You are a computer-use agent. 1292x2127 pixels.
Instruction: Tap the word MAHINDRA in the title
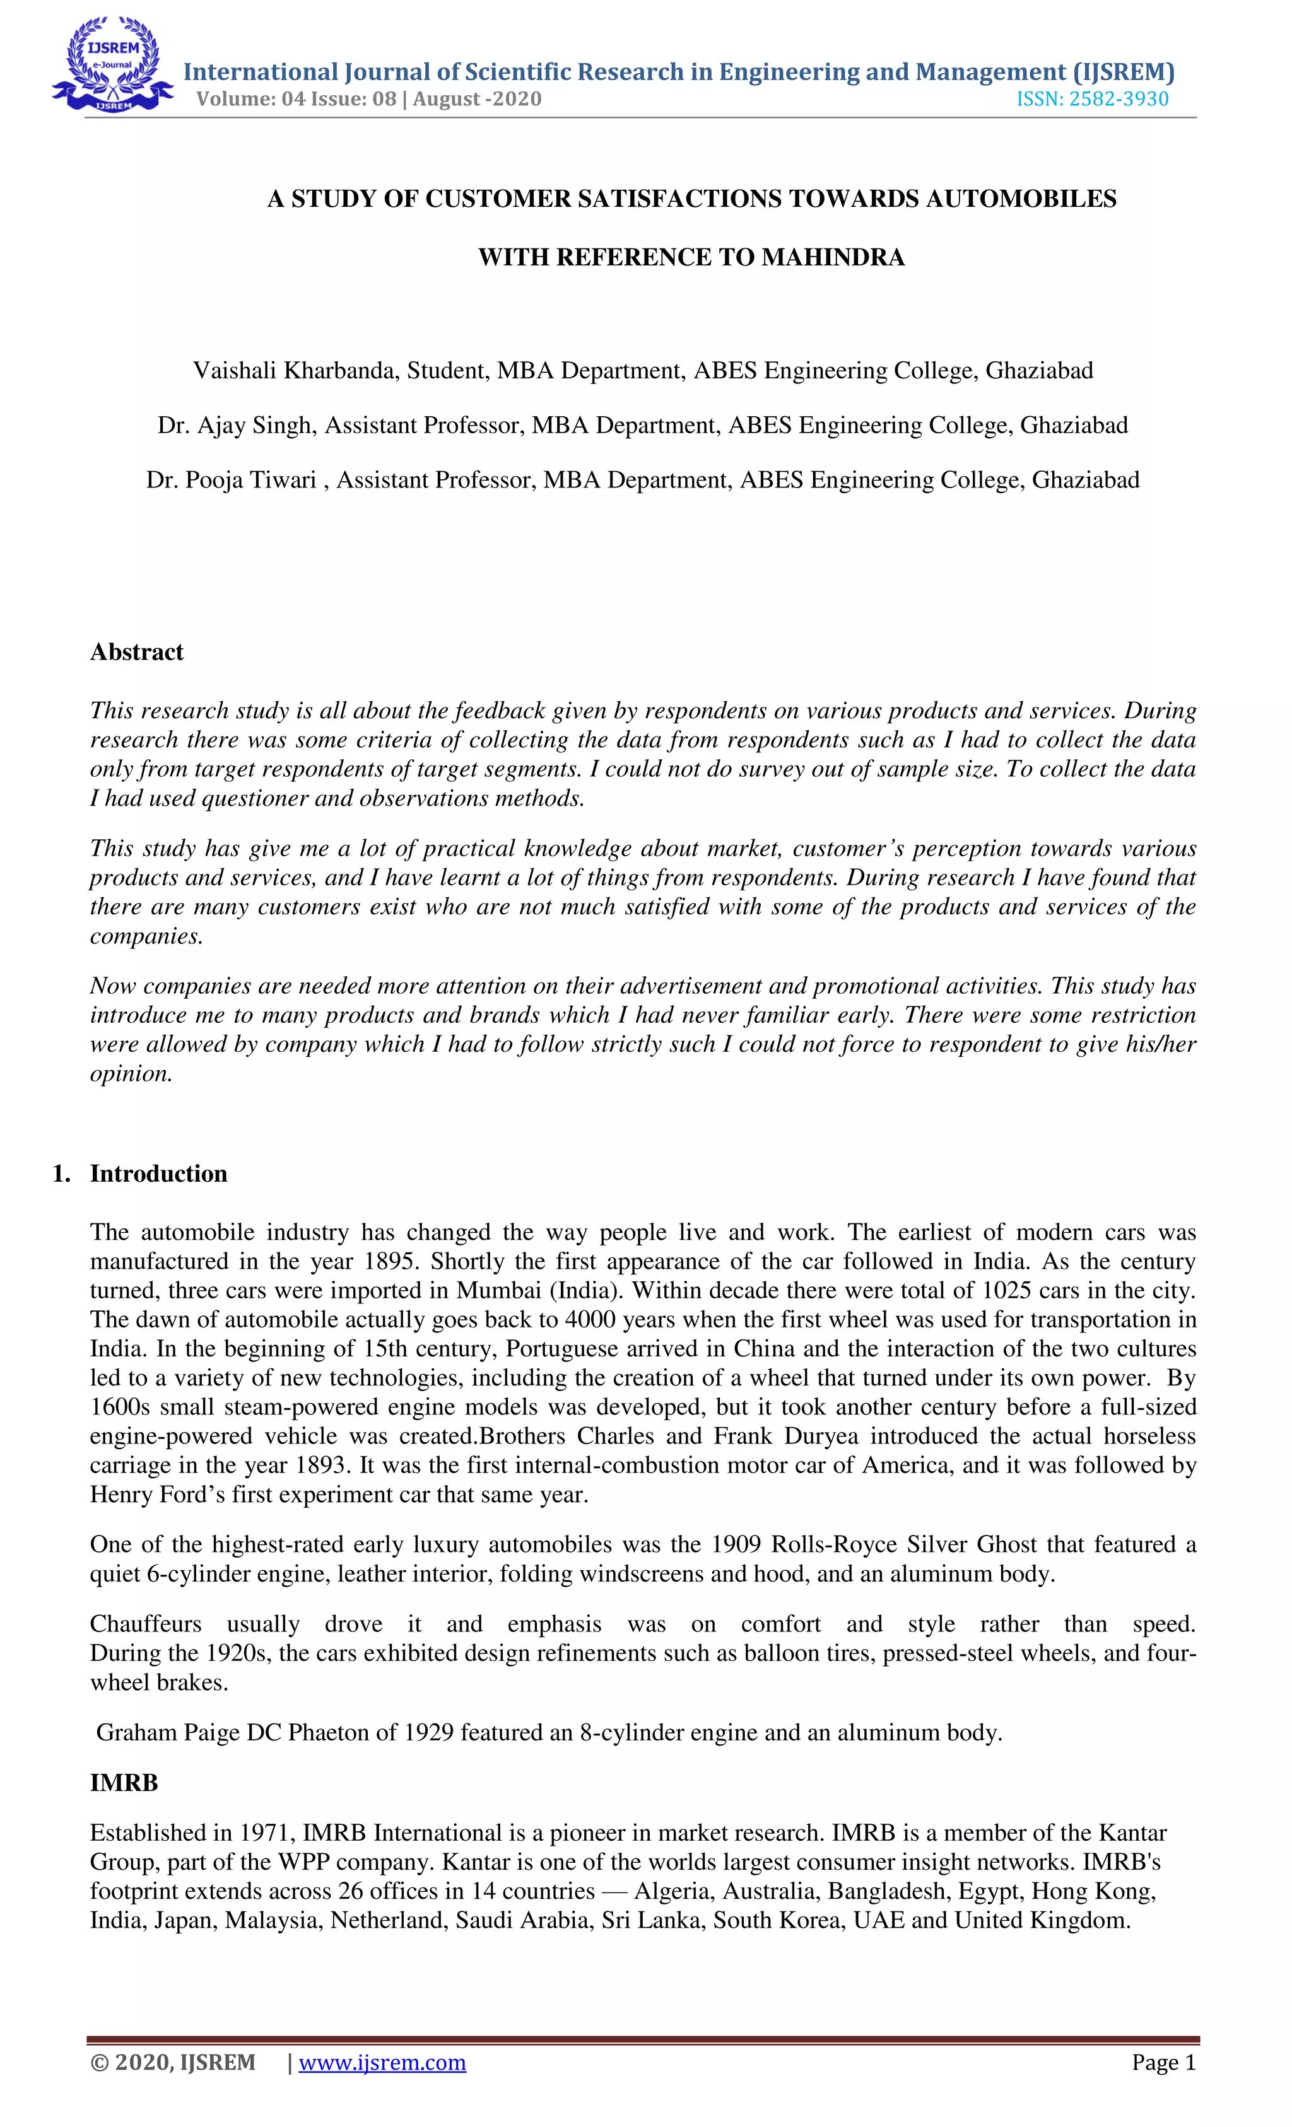coord(833,257)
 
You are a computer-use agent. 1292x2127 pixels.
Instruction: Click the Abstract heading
coord(136,652)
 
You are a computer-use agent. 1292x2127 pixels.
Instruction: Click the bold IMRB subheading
coord(124,1783)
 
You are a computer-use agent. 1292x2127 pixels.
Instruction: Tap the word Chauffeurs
coord(145,1624)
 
